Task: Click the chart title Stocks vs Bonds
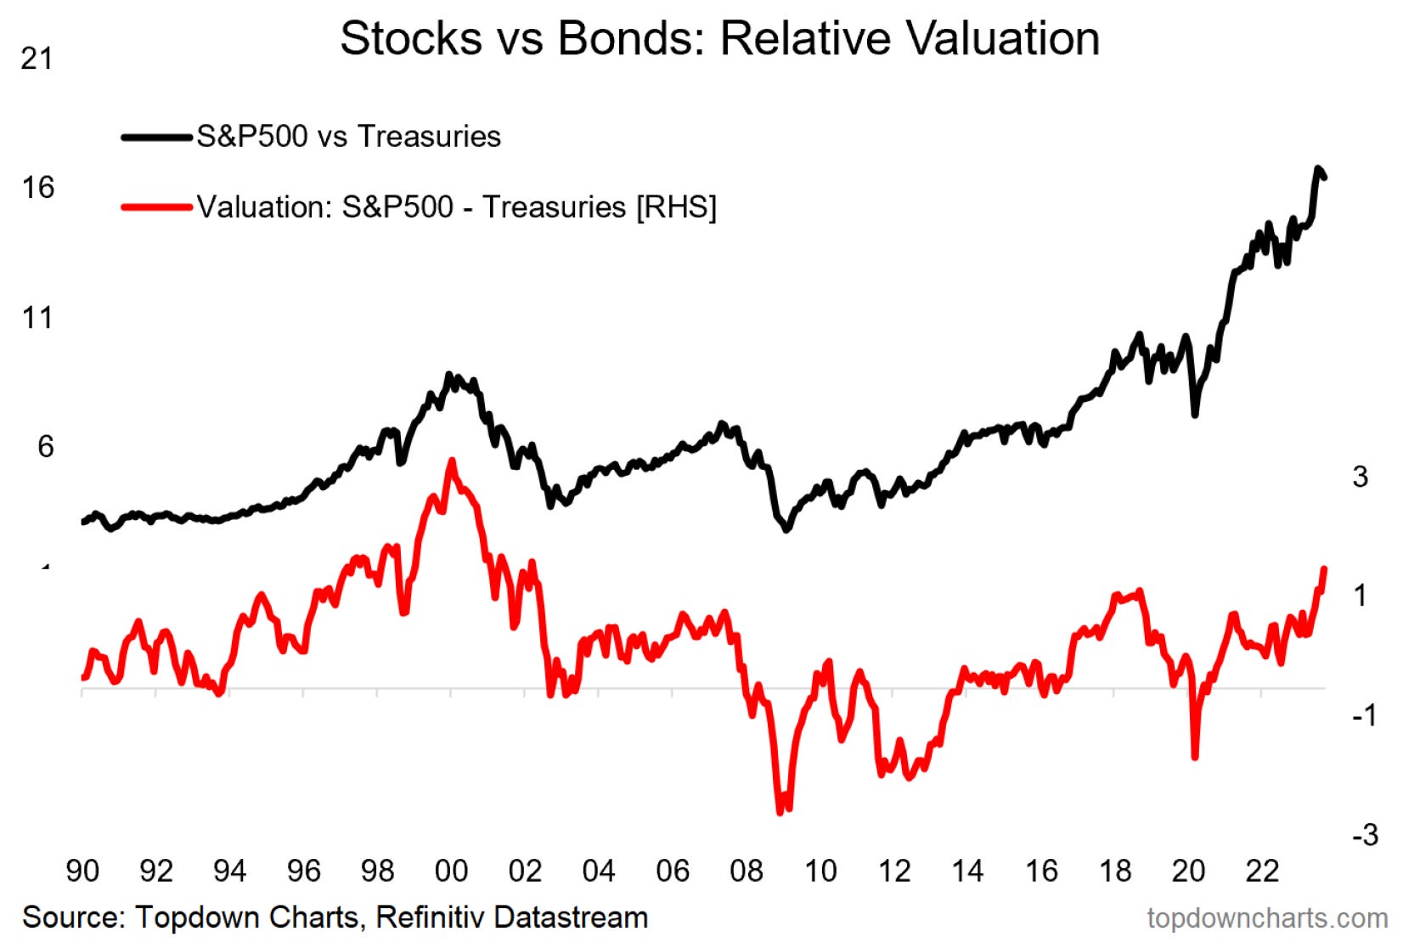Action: [719, 39]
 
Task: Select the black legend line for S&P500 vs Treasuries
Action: [156, 137]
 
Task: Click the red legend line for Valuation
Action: [156, 207]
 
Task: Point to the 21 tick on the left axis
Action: [37, 59]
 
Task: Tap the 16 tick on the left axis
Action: [37, 188]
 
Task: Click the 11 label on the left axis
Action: [37, 318]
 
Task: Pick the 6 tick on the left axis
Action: [45, 447]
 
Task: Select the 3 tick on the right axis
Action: [1360, 477]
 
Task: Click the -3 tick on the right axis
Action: [1365, 835]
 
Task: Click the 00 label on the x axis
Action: [451, 871]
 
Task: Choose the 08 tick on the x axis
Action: [747, 871]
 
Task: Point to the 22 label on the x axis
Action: [1262, 871]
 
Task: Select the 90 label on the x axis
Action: [82, 871]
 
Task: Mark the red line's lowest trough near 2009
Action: [780, 812]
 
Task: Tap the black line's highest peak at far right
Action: [1318, 168]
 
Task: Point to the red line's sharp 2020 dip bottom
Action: [1195, 756]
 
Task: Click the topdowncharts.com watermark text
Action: [1266, 918]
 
